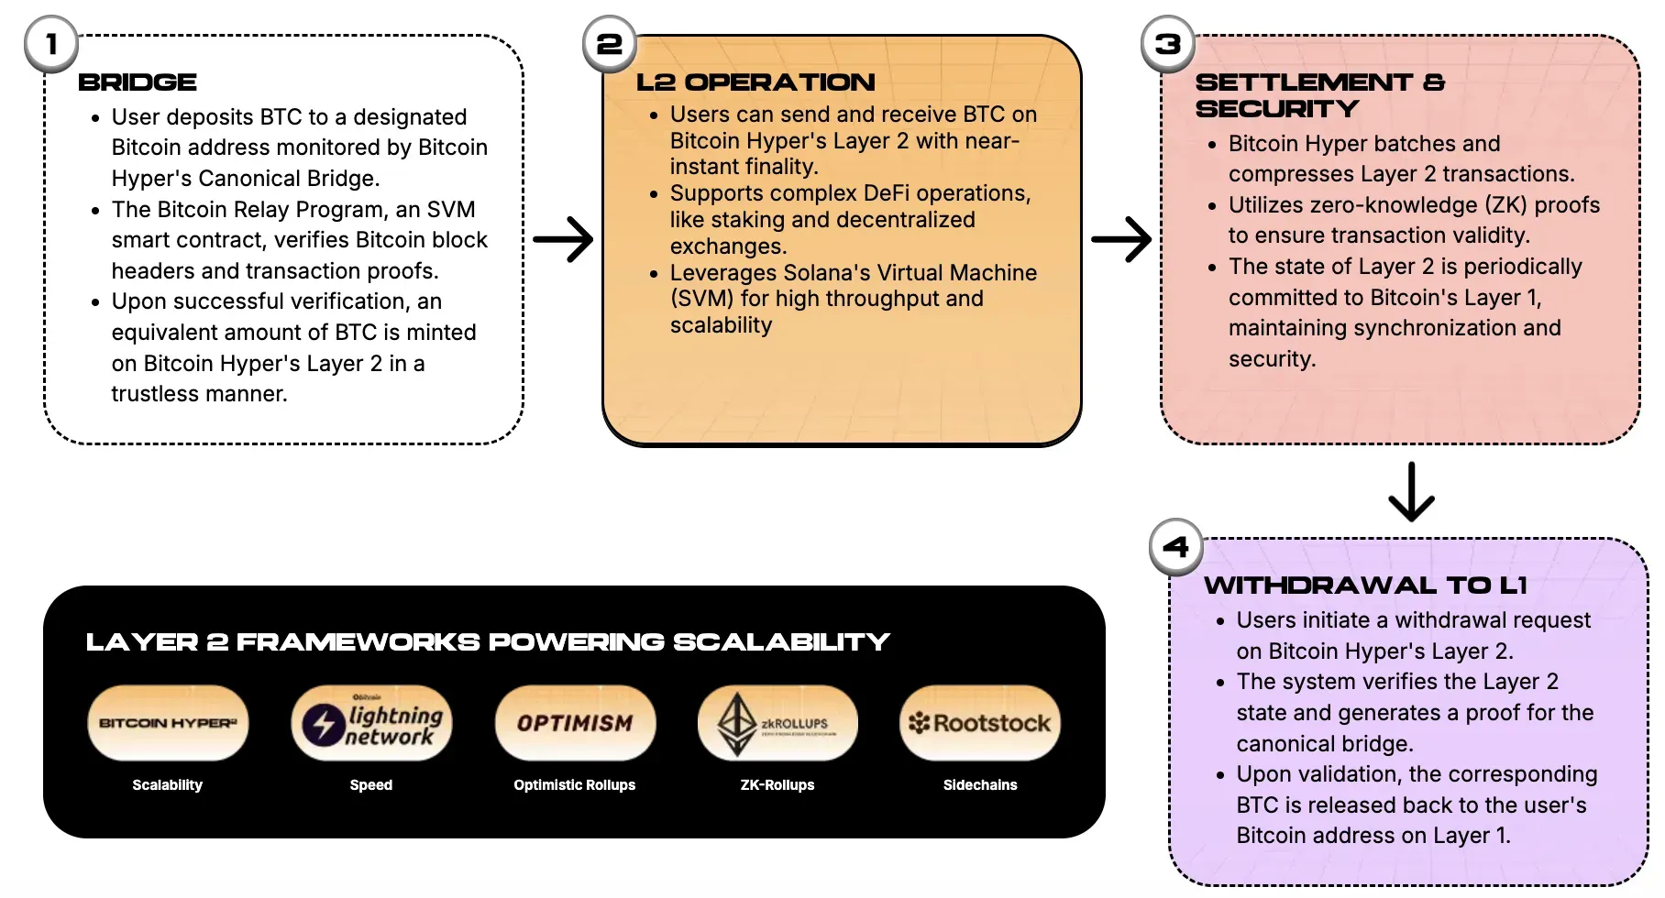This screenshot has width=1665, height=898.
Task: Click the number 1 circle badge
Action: [51, 44]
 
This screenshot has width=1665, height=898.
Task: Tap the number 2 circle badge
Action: [610, 44]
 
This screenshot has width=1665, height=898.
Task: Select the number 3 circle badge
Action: [1168, 44]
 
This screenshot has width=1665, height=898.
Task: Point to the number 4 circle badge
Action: [1176, 547]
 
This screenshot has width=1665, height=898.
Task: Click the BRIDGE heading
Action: [138, 82]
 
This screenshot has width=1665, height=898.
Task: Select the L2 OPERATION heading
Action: [755, 82]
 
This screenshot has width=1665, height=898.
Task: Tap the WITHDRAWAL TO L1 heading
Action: [1365, 586]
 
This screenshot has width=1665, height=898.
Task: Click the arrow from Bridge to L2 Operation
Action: [563, 240]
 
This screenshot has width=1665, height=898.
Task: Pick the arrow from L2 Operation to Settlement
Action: [1121, 240]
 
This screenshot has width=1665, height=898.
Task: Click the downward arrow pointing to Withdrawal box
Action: [1411, 492]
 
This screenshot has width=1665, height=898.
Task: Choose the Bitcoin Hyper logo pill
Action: [168, 723]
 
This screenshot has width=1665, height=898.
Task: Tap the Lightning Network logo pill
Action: [371, 723]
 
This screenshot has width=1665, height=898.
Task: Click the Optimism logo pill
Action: [575, 723]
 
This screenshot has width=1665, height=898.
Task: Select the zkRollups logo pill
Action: [777, 723]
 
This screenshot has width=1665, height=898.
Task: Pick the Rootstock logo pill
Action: [980, 723]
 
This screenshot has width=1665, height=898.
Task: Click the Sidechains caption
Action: [980, 785]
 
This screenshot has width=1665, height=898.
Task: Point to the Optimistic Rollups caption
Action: [575, 785]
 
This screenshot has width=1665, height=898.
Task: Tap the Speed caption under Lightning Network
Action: [371, 785]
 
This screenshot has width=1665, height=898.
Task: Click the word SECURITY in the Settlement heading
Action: [1277, 109]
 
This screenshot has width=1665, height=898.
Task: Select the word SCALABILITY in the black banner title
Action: [781, 642]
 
